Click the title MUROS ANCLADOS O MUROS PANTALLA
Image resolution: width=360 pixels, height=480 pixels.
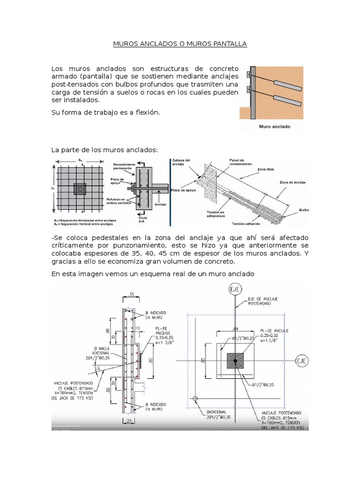coord(180,44)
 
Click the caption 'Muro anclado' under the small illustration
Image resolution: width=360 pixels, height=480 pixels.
coord(274,126)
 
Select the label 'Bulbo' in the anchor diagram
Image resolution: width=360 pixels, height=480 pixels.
coord(304,210)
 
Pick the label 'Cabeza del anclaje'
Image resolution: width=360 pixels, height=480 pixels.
coord(181,162)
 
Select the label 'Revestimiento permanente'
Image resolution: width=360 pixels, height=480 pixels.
coord(124,166)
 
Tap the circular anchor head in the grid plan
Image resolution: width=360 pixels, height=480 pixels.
coord(81,189)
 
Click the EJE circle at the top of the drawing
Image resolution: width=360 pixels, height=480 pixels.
coord(234,290)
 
